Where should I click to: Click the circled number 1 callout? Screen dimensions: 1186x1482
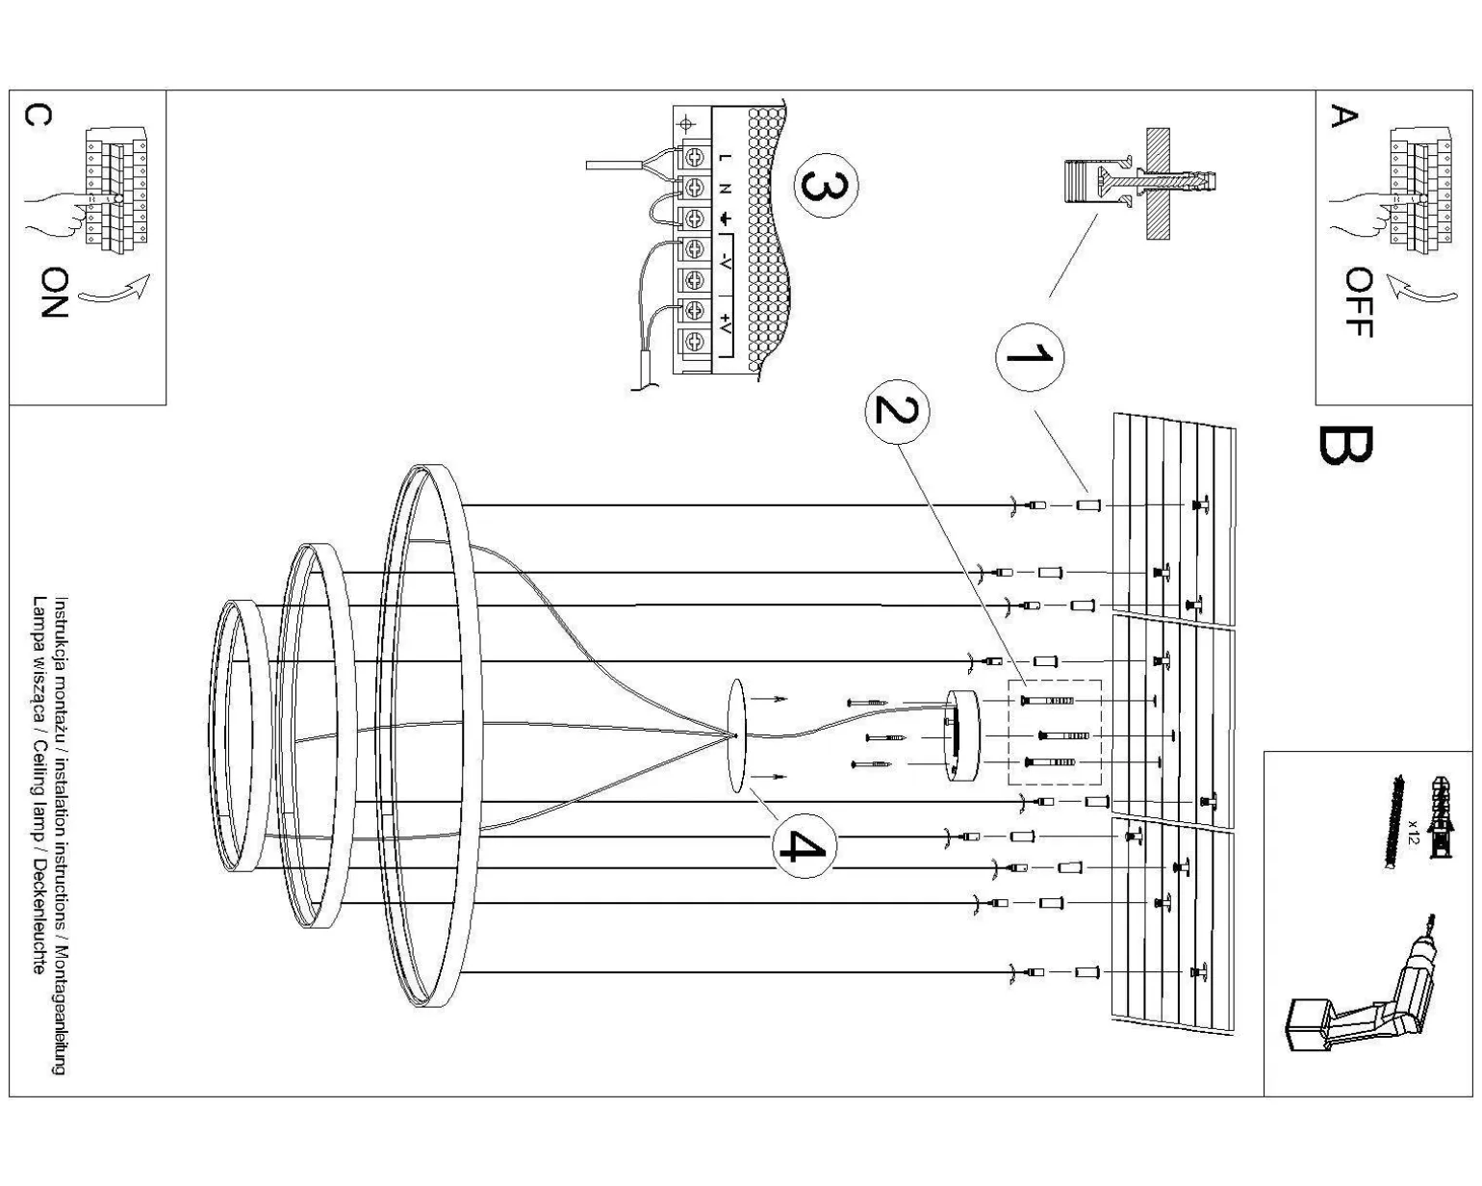(1029, 356)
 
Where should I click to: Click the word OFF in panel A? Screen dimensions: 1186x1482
(1358, 301)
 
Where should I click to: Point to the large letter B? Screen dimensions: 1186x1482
(1344, 445)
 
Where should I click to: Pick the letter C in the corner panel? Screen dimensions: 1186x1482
(38, 115)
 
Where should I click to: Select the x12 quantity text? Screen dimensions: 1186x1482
(1412, 830)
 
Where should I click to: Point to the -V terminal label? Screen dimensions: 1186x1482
(725, 257)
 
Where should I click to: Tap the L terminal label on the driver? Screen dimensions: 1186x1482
(724, 158)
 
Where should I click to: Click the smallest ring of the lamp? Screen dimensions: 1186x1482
(235, 735)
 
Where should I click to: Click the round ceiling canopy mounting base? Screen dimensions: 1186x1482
(961, 735)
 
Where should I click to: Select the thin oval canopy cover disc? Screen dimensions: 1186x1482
(737, 736)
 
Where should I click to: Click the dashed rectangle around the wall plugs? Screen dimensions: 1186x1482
(1054, 733)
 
